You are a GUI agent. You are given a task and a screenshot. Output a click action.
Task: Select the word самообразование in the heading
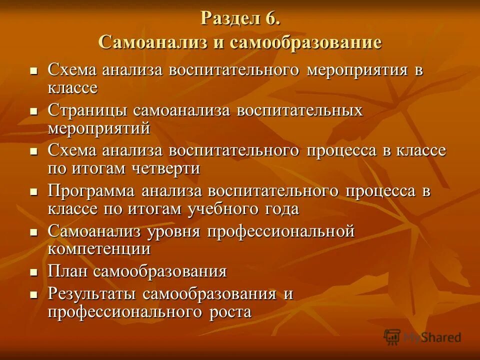305,42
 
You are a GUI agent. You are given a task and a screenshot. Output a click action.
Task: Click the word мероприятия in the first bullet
357,70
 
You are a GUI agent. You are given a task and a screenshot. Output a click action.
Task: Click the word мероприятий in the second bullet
99,127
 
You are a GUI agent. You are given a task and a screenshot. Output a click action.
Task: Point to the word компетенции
99,248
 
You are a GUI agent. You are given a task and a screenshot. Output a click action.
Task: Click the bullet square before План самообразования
34,273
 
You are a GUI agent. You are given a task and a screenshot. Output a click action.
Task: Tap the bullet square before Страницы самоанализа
34,111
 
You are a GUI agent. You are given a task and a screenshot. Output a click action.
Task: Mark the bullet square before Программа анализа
34,192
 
